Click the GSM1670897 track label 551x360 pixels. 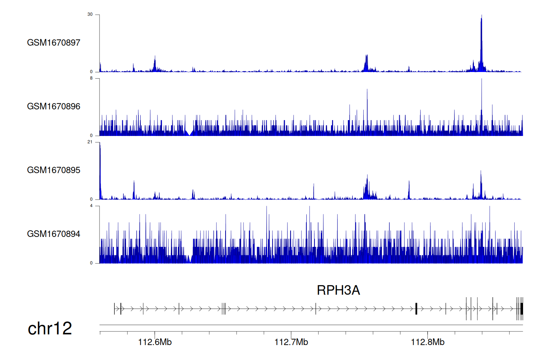click(x=54, y=43)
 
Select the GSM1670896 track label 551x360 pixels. click(x=54, y=107)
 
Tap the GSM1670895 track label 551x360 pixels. click(x=54, y=170)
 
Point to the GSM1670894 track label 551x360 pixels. click(x=54, y=234)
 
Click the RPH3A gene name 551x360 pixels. click(x=338, y=290)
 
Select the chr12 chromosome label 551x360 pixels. click(x=50, y=328)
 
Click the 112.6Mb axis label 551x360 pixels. click(x=155, y=342)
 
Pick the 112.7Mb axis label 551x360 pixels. click(x=291, y=342)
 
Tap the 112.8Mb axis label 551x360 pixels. click(x=428, y=342)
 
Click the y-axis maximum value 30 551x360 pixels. click(x=90, y=14)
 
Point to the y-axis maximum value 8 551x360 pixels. click(x=91, y=78)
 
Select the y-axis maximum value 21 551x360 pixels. click(x=90, y=142)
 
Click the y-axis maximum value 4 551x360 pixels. click(x=91, y=206)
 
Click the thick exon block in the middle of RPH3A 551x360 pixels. click(x=416, y=309)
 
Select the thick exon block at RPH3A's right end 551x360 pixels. click(x=522, y=309)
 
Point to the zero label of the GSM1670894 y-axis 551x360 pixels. click(x=91, y=263)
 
